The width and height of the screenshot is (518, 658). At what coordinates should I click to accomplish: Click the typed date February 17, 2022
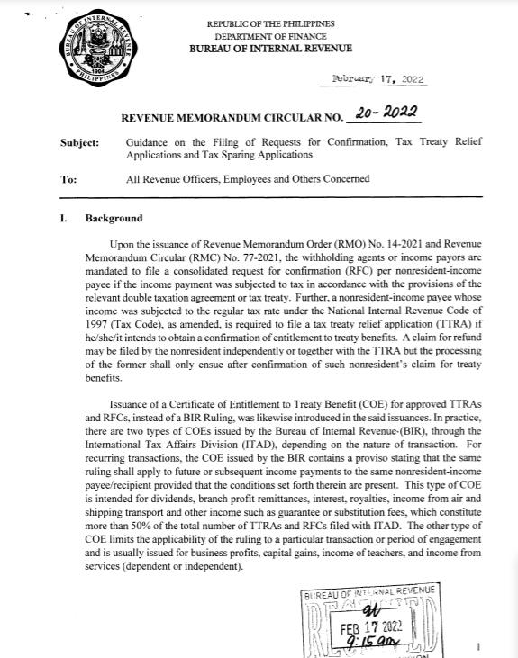point(372,78)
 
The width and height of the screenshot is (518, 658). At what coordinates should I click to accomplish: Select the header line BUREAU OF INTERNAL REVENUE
point(270,48)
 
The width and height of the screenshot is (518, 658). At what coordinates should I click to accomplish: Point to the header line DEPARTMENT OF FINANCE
point(270,35)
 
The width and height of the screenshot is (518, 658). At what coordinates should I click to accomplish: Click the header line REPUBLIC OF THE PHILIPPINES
point(270,23)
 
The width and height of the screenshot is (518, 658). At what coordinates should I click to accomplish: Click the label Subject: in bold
point(79,142)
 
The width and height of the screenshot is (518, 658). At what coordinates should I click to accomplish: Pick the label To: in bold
point(68,178)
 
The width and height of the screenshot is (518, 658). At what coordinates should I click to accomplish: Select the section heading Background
point(114,218)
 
